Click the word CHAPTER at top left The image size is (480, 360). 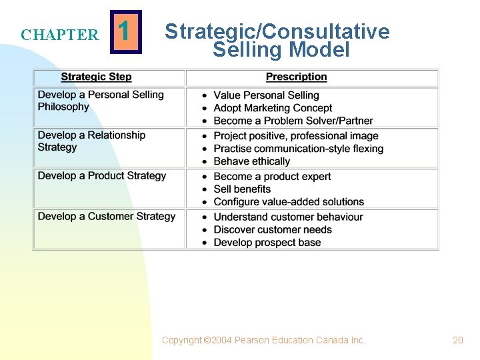[59, 35]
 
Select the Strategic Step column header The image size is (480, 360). [96, 77]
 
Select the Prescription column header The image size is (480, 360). [296, 77]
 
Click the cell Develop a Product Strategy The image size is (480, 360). [102, 176]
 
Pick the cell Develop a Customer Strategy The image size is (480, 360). [107, 217]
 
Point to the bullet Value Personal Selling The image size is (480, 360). [266, 95]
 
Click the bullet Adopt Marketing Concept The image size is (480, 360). [273, 108]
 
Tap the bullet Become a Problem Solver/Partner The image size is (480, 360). [293, 121]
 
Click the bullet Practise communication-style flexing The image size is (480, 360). [298, 149]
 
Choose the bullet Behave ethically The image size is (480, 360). [251, 161]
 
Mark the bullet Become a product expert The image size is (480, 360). [272, 177]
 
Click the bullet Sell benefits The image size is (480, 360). [242, 189]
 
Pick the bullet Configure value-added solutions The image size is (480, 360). [289, 202]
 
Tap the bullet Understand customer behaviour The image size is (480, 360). [288, 217]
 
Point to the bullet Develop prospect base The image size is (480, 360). [267, 243]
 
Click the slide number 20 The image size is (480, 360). [458, 340]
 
